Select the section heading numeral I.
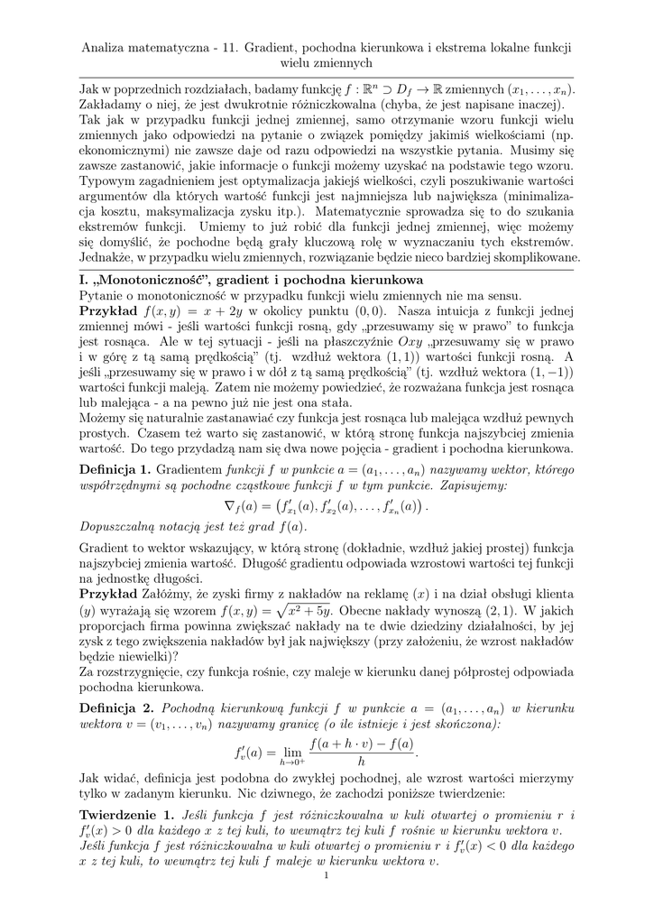(83, 280)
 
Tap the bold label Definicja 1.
(115, 470)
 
